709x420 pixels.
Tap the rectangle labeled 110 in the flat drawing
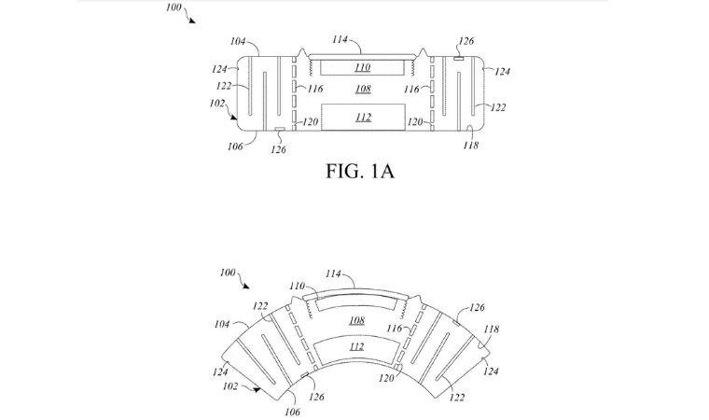[363, 68]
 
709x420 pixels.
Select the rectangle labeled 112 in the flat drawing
[363, 117]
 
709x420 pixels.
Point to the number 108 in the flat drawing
[363, 90]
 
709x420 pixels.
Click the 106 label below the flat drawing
[235, 147]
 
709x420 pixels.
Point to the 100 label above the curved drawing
[228, 272]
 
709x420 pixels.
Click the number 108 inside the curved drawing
[355, 320]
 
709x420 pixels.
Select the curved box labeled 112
[355, 349]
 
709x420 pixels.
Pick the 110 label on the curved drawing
[296, 285]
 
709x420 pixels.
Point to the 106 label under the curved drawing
[291, 412]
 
